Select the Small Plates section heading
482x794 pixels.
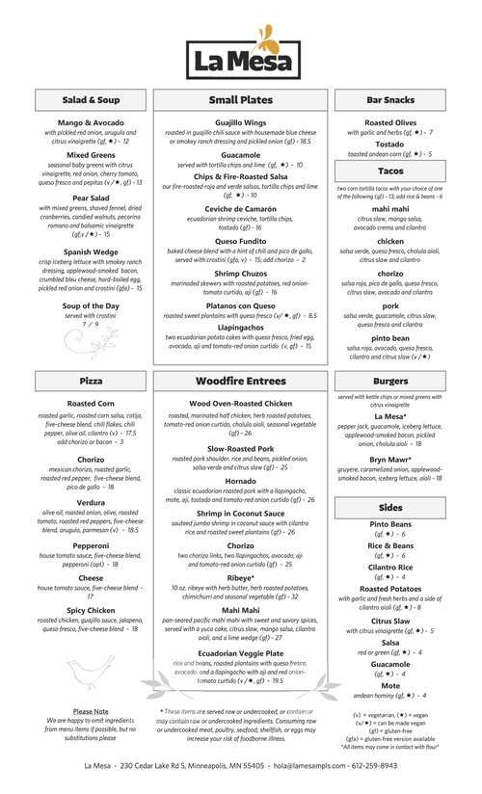241,100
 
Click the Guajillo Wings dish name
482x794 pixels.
241,123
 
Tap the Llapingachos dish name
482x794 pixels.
241,327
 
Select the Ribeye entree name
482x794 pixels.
241,578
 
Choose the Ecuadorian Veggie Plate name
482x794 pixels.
241,653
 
